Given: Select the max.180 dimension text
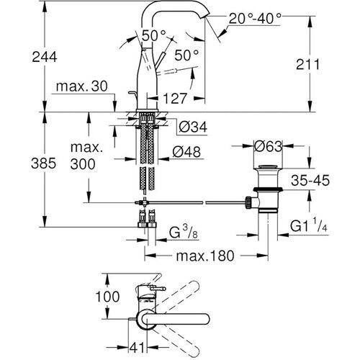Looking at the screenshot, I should point(197,257).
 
